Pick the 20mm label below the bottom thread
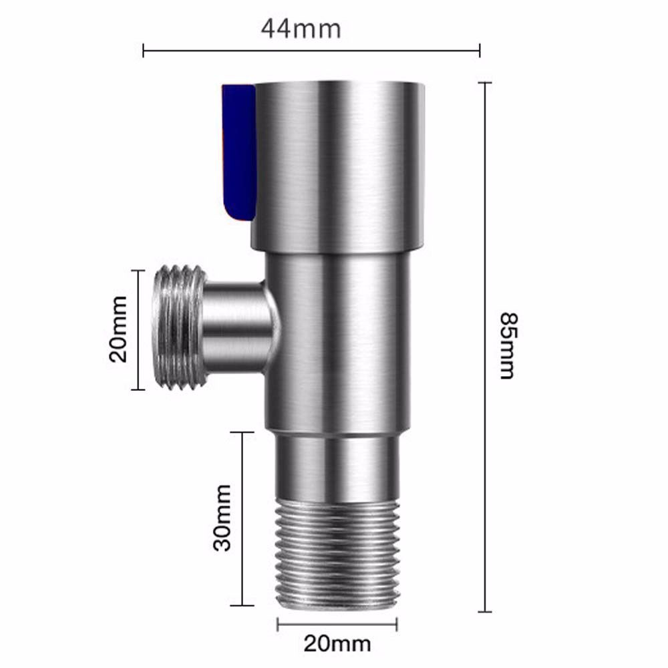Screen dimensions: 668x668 pyautogui.click(x=337, y=644)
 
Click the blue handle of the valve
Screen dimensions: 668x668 pyautogui.click(x=237, y=154)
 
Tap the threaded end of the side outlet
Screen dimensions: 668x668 pyautogui.click(x=177, y=328)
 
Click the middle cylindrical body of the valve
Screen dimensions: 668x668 pyautogui.click(x=337, y=341)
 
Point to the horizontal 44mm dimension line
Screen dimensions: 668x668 pyautogui.click(x=311, y=49)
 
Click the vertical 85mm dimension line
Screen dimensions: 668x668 pyautogui.click(x=485, y=267)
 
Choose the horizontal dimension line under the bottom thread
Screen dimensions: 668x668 pyautogui.click(x=337, y=625)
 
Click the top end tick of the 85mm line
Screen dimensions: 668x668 pyautogui.click(x=485, y=83)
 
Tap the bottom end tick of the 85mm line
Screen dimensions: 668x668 pyautogui.click(x=485, y=611)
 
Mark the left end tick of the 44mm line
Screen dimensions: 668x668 pyautogui.click(x=144, y=49)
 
